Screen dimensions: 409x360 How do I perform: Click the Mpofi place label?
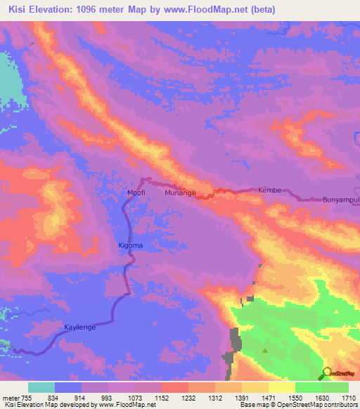[135, 191]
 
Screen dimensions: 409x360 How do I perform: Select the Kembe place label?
[269, 190]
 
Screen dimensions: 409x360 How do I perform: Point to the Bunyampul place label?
[340, 200]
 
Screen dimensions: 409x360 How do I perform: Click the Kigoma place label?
[130, 245]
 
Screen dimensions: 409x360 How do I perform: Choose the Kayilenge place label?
[79, 327]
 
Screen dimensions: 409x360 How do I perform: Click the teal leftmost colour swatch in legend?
[41, 387]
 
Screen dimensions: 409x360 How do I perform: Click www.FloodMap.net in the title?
[207, 10]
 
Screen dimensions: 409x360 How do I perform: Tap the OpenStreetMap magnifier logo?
[327, 372]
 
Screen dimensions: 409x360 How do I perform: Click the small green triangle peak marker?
[265, 349]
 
